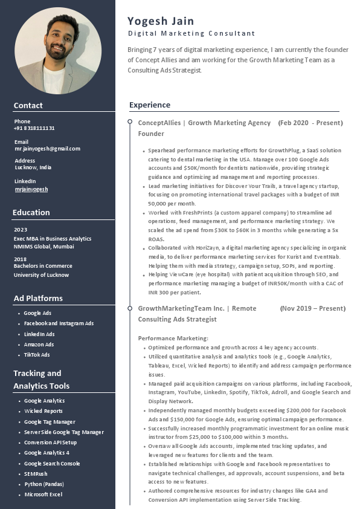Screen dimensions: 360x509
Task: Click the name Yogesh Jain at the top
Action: coord(161,21)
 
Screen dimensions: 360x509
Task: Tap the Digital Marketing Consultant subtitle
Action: coord(191,33)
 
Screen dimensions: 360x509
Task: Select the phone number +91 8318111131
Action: coord(34,128)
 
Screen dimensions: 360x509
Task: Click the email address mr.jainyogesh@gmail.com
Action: coord(47,149)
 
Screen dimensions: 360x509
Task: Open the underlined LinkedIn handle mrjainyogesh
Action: coord(31,189)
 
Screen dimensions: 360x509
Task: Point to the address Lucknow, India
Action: coord(33,167)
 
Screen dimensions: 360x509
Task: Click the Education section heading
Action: coord(31,212)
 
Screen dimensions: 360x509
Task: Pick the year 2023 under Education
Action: coord(21,230)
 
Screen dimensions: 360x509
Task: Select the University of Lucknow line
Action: coord(41,275)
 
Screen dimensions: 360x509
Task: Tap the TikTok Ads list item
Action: coord(37,355)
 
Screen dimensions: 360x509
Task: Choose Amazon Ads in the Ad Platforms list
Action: coord(39,345)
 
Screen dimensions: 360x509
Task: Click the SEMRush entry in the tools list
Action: coord(36,474)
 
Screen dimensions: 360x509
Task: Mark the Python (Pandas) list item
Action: coord(44,484)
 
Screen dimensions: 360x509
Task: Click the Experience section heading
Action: coord(150,105)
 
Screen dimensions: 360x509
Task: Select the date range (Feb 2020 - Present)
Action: coord(310,123)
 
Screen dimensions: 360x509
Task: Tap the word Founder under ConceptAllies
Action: coord(151,134)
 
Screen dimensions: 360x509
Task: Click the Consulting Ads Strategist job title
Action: coord(177,319)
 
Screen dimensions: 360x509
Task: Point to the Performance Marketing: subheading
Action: coord(173,338)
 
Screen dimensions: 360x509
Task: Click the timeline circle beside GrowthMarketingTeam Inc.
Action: coord(130,308)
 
